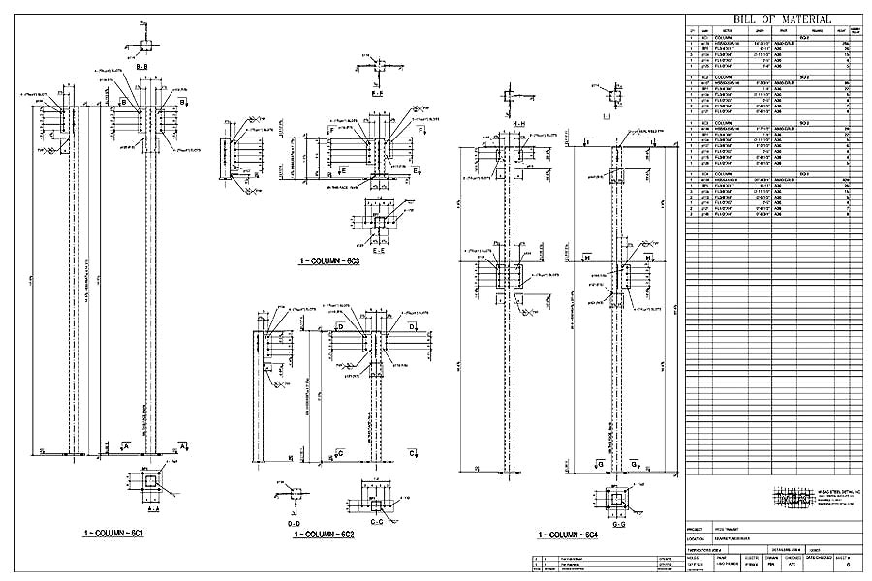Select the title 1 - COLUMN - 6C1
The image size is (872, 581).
(x=113, y=534)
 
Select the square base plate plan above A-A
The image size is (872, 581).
(x=149, y=483)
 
